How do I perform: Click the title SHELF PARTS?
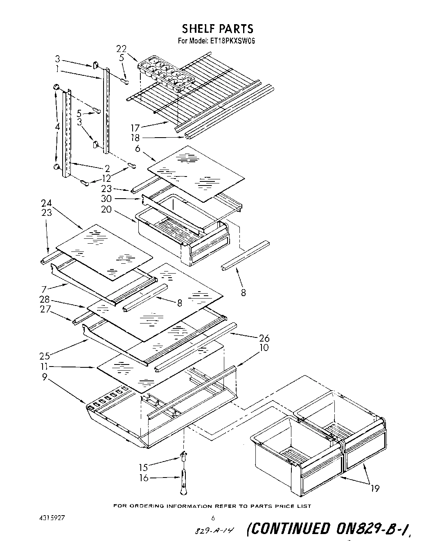[217, 28]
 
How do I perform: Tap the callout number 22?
[121, 49]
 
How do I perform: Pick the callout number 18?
[135, 138]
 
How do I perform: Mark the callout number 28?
[45, 299]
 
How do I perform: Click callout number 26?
[264, 338]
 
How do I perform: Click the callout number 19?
[374, 488]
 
